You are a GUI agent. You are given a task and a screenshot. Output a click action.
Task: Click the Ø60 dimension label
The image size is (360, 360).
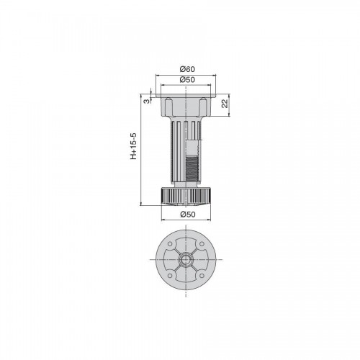187,69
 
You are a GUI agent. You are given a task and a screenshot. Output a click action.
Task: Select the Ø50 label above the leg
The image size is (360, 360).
187,79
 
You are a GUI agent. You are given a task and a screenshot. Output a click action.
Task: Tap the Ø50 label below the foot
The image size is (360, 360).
188,215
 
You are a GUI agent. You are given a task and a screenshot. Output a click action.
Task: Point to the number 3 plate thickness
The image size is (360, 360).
146,101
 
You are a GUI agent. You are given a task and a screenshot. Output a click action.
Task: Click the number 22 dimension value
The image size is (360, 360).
225,104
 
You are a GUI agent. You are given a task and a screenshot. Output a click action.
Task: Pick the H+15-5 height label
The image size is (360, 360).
133,146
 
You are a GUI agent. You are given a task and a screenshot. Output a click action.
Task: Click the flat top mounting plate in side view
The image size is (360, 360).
186,96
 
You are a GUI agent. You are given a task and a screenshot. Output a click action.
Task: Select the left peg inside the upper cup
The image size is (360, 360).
169,106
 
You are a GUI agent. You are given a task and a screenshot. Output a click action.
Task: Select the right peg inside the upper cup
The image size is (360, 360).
203,106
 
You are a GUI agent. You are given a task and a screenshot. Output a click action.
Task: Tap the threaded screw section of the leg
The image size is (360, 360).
192,168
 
